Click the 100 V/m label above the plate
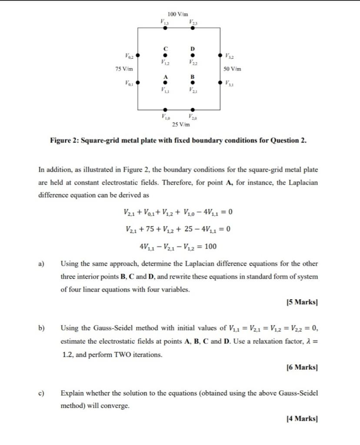[179, 14]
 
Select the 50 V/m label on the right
[232, 69]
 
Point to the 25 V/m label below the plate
[180, 125]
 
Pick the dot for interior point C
[165, 55]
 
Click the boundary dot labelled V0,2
[138, 56]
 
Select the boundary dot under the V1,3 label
[165, 27]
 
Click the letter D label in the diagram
[193, 48]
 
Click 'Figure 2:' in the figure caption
[65, 140]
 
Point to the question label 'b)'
[42, 328]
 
